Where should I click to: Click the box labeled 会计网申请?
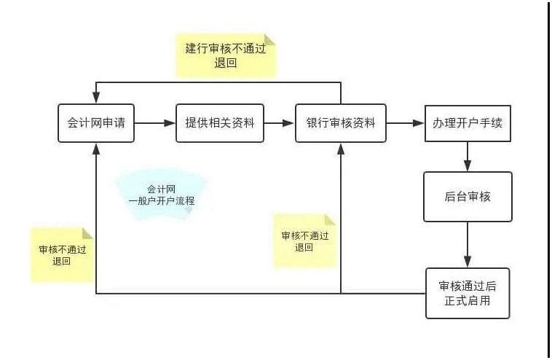click(x=96, y=123)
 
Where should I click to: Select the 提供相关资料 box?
click(x=220, y=123)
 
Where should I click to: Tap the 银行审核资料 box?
click(x=340, y=123)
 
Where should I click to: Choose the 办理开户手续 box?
click(x=468, y=123)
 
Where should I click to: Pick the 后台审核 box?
click(x=468, y=197)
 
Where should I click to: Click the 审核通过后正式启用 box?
click(x=468, y=294)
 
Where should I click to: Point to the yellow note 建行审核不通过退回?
click(x=226, y=55)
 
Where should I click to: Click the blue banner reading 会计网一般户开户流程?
click(x=162, y=195)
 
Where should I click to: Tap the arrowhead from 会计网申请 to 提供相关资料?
click(x=170, y=123)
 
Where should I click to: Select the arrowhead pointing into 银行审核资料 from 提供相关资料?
click(x=288, y=123)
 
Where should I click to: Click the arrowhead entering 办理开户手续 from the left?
click(x=418, y=123)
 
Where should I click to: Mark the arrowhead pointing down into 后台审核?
click(x=468, y=165)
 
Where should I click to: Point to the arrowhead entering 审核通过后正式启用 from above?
click(x=468, y=262)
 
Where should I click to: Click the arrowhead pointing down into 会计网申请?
click(x=96, y=98)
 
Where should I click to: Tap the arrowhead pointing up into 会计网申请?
click(x=96, y=149)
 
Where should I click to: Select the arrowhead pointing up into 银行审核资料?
click(x=341, y=149)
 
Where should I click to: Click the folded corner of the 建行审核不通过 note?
click(x=270, y=39)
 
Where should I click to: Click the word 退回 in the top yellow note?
click(x=225, y=63)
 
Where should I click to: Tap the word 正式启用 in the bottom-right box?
click(x=467, y=301)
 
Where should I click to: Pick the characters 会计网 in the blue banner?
click(x=161, y=189)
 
